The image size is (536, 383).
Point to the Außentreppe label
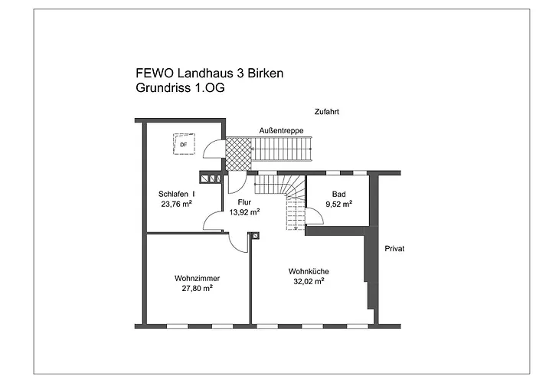(281, 131)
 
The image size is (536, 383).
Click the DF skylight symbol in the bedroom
(185, 144)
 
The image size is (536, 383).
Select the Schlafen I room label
(176, 194)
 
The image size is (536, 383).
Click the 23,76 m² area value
(177, 205)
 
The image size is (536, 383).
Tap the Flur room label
(244, 202)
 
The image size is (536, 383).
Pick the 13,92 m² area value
(245, 212)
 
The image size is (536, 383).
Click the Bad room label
(338, 194)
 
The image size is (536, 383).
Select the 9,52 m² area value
(338, 205)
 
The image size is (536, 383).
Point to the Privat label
(394, 249)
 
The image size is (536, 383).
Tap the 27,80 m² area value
(197, 288)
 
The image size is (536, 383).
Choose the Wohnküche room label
(308, 271)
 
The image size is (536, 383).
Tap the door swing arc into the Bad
(314, 214)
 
